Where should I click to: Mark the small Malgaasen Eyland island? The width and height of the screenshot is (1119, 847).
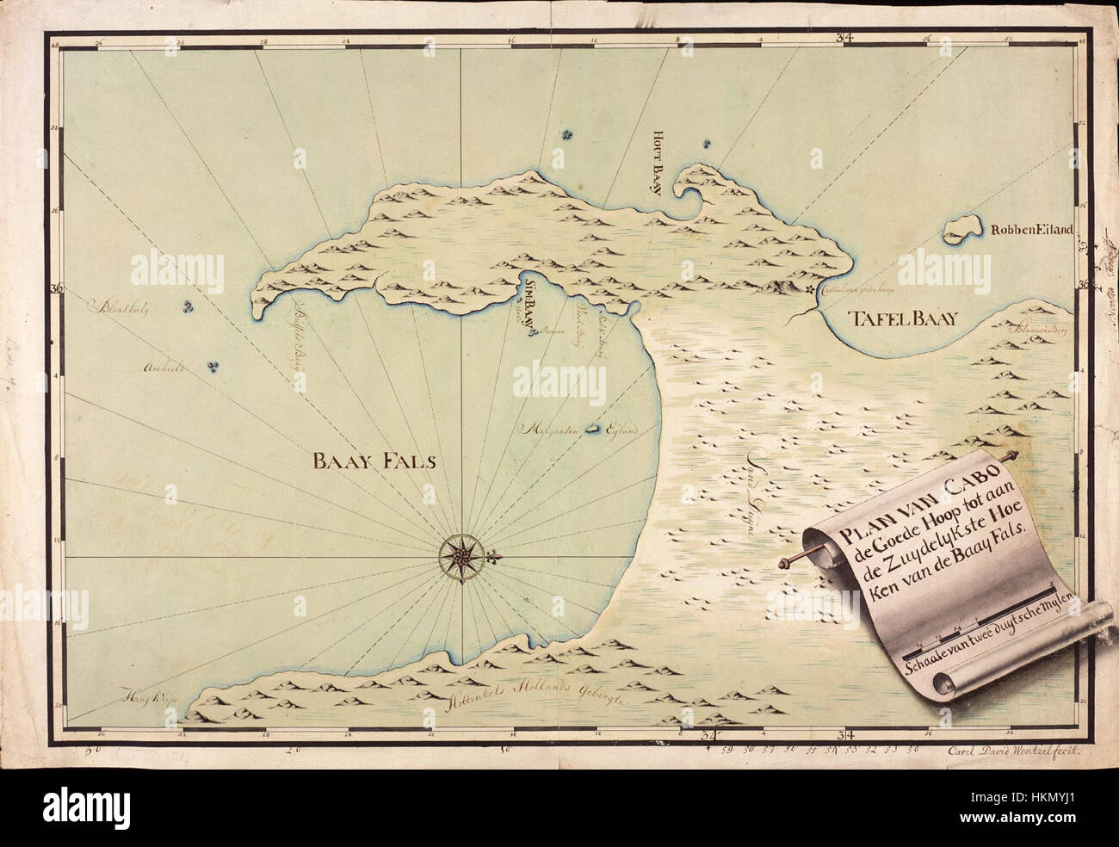pyautogui.click(x=593, y=428)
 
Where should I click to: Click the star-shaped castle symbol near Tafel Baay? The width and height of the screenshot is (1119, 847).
pyautogui.click(x=810, y=292)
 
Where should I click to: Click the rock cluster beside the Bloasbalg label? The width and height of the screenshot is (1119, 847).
pyautogui.click(x=188, y=306)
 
